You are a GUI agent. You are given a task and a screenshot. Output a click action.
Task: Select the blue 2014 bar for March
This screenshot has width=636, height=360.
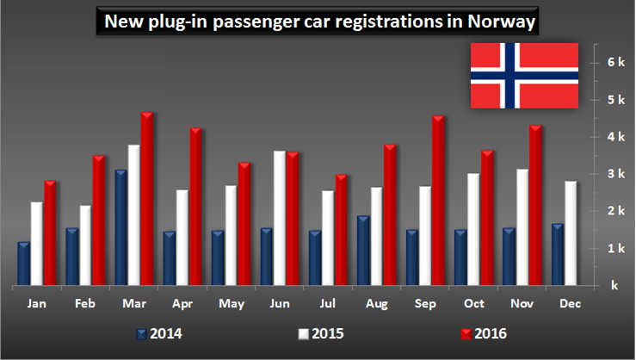pos(121,228)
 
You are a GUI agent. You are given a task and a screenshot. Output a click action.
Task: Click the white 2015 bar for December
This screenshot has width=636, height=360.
pos(571,233)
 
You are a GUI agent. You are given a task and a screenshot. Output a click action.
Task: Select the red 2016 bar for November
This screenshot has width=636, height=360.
pos(535,206)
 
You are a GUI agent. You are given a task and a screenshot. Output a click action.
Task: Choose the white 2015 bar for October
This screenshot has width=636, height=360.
pos(474,229)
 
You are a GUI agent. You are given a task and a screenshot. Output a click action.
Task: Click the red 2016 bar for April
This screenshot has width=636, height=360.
pos(195,208)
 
